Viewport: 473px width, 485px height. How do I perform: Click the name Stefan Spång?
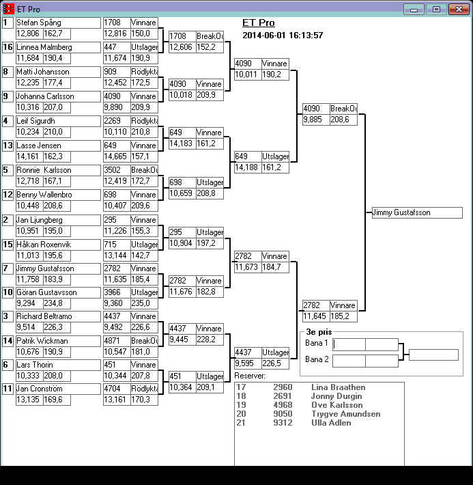click(x=38, y=23)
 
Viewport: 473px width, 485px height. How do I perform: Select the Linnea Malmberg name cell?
click(x=43, y=47)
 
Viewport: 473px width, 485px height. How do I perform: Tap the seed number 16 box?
click(x=8, y=47)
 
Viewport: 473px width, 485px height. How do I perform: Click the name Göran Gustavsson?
click(x=46, y=292)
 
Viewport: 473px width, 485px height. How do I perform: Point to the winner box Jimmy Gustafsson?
click(x=416, y=213)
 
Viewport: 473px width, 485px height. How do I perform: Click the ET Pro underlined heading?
click(x=259, y=23)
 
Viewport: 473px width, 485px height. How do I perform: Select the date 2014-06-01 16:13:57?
click(x=283, y=36)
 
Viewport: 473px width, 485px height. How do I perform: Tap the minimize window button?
click(x=414, y=9)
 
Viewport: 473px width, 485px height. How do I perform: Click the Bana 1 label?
click(x=316, y=343)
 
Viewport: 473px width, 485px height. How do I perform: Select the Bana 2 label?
click(x=316, y=359)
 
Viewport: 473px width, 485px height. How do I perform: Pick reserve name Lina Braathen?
click(x=338, y=387)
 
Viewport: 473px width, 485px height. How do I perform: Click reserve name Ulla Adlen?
click(x=331, y=423)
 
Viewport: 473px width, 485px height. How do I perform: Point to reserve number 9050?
click(x=282, y=414)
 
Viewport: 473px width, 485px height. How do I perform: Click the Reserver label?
click(x=250, y=376)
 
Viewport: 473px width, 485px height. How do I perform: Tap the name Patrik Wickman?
click(x=42, y=340)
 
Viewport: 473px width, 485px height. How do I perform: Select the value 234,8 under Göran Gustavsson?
click(x=53, y=303)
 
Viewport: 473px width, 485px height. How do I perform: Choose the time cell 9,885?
click(x=315, y=120)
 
